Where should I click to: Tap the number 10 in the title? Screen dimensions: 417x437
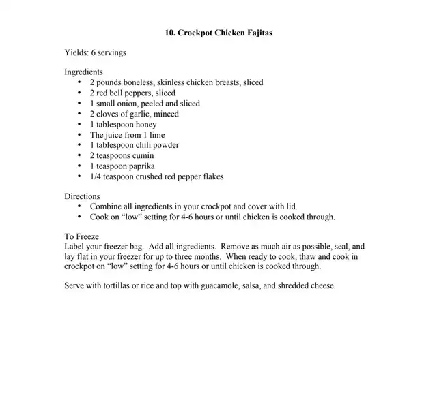point(170,32)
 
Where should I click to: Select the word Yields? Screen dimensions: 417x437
point(76,52)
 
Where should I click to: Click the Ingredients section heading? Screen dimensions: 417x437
point(83,72)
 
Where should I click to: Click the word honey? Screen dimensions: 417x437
point(145,125)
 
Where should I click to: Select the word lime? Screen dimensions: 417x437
point(156,135)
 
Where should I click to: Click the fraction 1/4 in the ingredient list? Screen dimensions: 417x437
point(96,176)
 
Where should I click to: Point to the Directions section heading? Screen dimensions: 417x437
point(82,196)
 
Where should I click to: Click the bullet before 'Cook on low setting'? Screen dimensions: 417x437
point(79,217)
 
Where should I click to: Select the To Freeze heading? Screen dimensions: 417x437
point(81,236)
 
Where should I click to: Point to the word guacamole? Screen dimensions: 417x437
point(223,285)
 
